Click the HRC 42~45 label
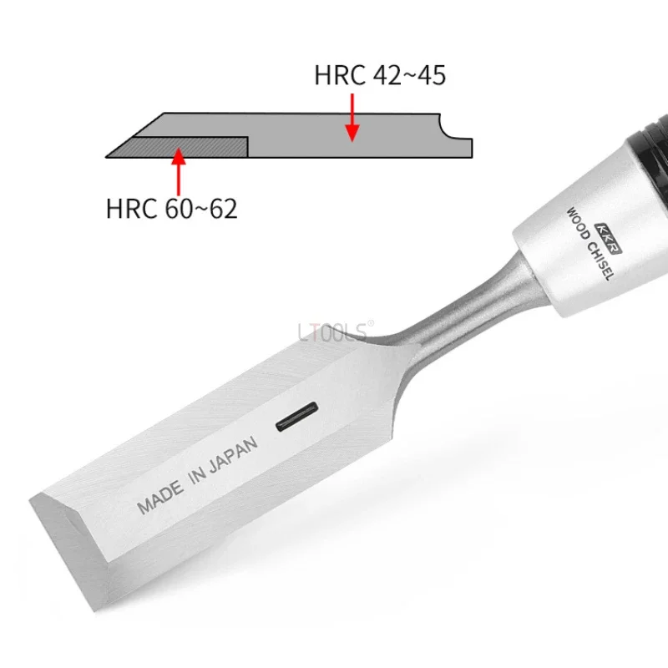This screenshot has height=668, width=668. pyautogui.click(x=380, y=75)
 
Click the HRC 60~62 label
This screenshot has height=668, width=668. pyautogui.click(x=171, y=208)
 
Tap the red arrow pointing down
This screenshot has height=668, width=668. pyautogui.click(x=352, y=118)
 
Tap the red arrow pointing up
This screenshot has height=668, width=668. pyautogui.click(x=179, y=171)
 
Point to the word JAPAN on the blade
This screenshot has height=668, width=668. pyautogui.click(x=234, y=455)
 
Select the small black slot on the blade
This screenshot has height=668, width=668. pyautogui.click(x=297, y=417)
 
